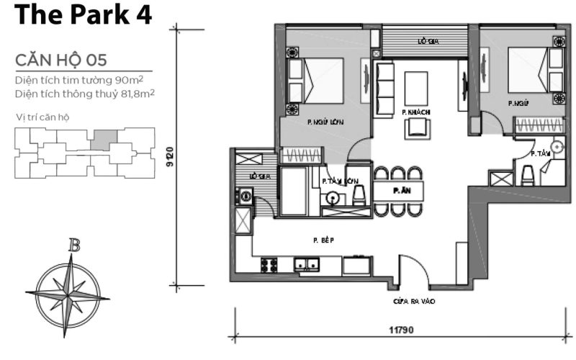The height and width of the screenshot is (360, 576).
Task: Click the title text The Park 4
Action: pyautogui.click(x=83, y=16)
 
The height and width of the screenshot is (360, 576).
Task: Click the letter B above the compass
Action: pyautogui.click(x=73, y=246)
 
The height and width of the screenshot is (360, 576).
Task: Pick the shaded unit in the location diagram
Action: pyautogui.click(x=104, y=138)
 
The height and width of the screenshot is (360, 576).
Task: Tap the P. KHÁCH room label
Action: pyautogui.click(x=416, y=112)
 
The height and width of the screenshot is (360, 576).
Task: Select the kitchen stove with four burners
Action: pyautogui.click(x=269, y=265)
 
